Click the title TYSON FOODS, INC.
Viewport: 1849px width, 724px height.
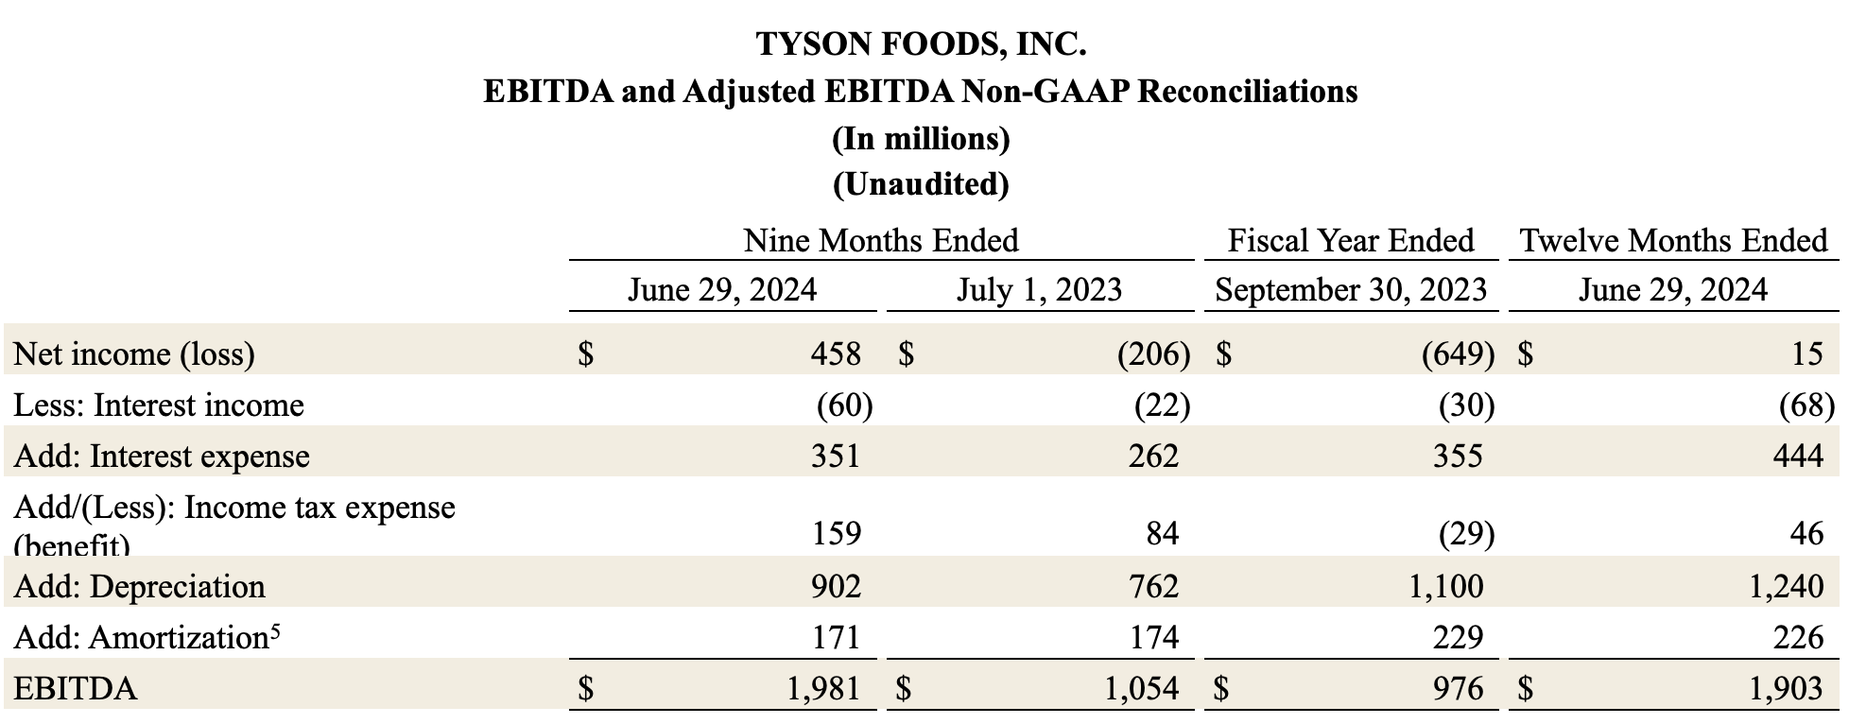pos(921,43)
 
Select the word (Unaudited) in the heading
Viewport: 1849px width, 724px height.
pos(921,183)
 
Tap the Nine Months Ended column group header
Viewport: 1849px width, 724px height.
pos(881,241)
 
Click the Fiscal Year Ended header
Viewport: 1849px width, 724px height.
pos(1351,241)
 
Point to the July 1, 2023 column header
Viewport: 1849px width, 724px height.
pos(1039,289)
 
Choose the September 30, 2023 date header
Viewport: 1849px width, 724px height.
pos(1351,289)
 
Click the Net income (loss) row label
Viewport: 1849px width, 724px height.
pos(134,353)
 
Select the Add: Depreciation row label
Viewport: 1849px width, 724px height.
pos(139,586)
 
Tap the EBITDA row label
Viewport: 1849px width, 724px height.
pos(76,688)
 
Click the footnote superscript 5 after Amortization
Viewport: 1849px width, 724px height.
pos(274,630)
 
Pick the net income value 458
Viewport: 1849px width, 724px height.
pos(836,353)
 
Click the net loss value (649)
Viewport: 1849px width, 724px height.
pos(1459,353)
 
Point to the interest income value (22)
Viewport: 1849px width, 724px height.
pos(1162,405)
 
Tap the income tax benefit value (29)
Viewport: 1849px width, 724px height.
pos(1466,534)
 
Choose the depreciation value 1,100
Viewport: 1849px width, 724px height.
pos(1445,586)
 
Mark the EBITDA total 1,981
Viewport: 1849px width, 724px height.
pos(823,688)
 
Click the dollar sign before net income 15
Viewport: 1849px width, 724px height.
pos(1526,353)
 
